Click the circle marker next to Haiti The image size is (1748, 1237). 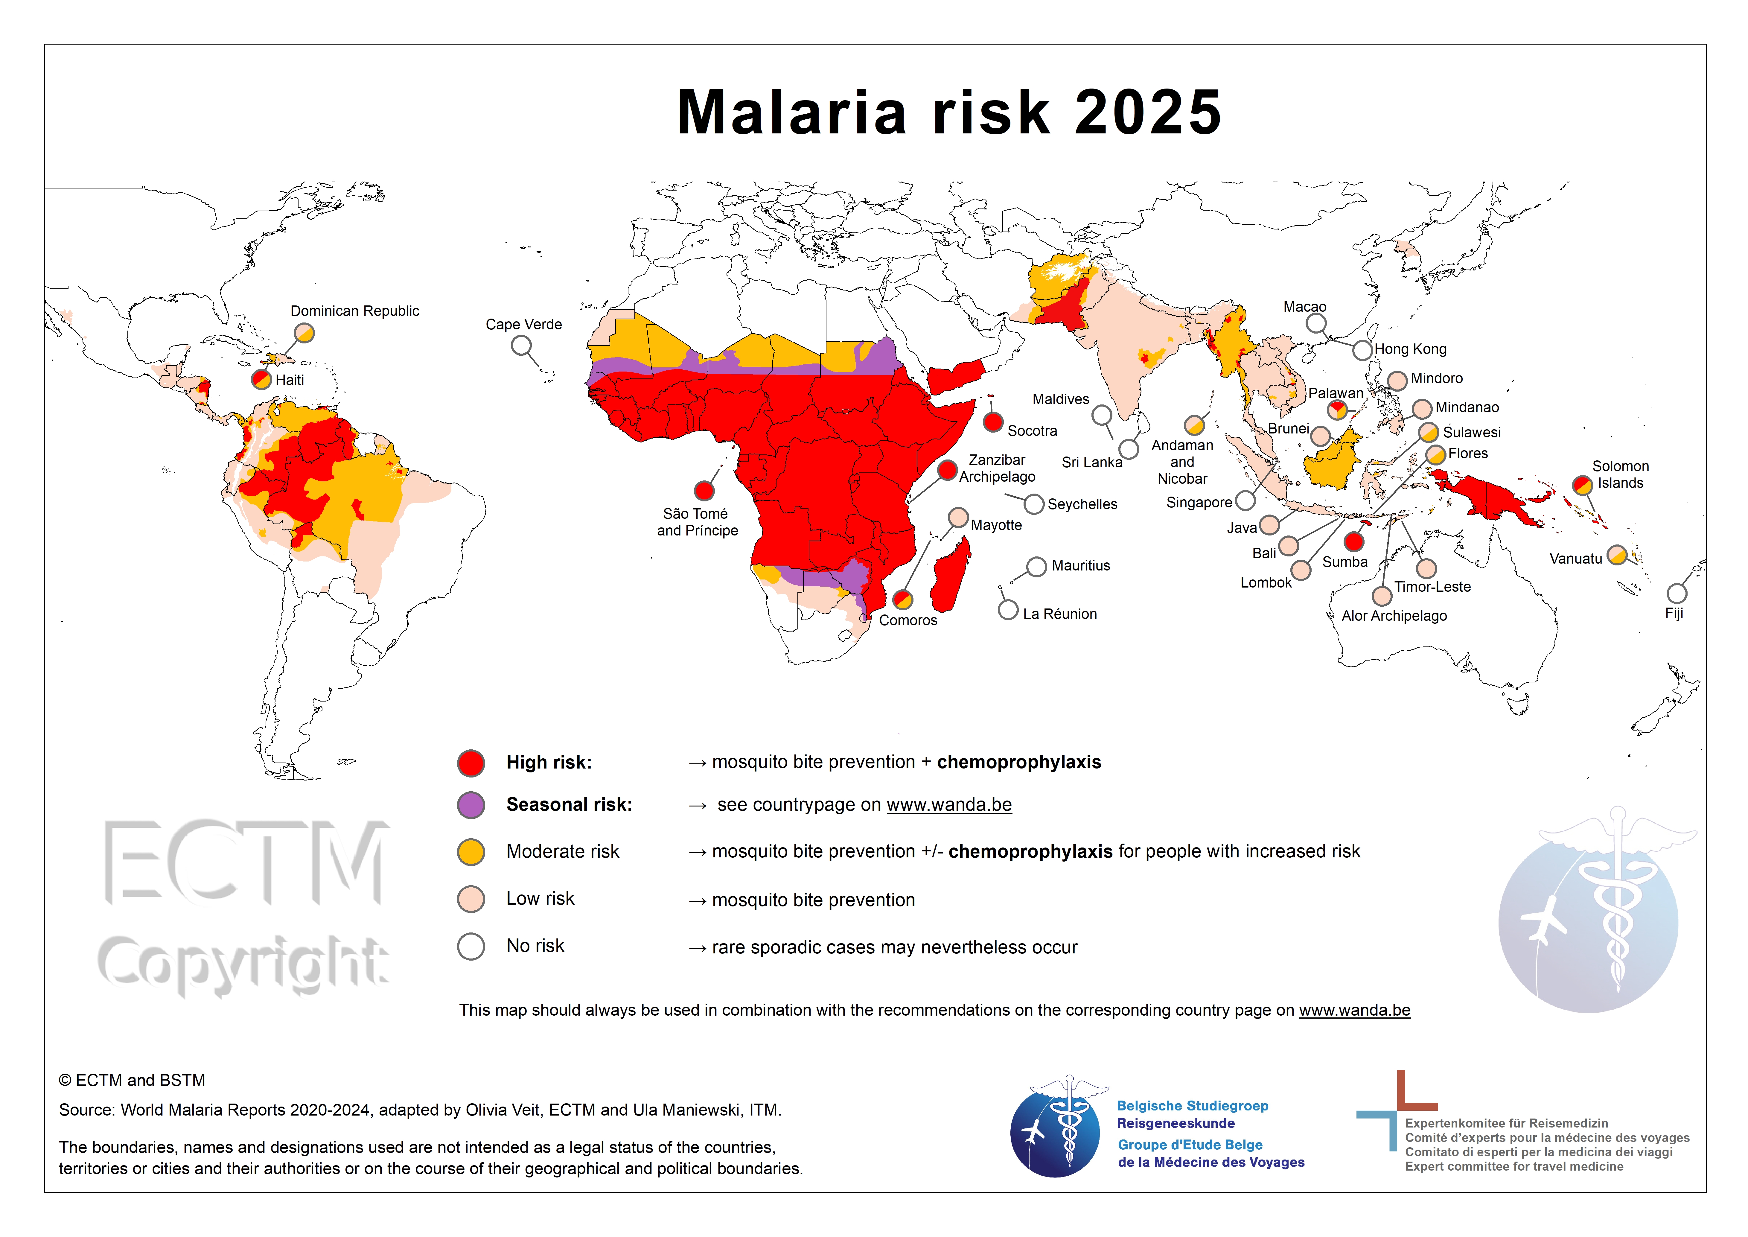coord(261,379)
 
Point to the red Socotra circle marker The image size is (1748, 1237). coord(992,422)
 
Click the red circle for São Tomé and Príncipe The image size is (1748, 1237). coord(704,491)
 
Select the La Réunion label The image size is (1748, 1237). coord(1059,614)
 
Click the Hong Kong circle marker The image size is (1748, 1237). coord(1363,350)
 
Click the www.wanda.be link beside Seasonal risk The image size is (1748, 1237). coord(949,805)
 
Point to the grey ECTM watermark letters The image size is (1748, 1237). coord(244,863)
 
